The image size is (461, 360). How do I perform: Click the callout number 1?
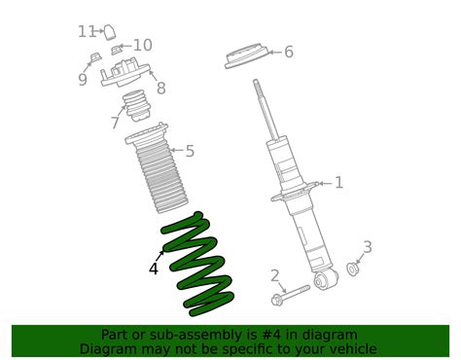tap(338, 182)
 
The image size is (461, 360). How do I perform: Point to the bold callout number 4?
tap(154, 269)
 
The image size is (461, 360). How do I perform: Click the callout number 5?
tap(189, 151)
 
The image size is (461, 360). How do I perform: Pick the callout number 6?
tap(288, 53)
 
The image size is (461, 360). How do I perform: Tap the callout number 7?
tap(115, 124)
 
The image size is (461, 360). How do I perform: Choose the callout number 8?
tap(160, 88)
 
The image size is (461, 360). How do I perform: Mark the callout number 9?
tap(84, 80)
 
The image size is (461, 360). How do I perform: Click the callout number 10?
tap(142, 45)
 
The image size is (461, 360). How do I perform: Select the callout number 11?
tap(88, 31)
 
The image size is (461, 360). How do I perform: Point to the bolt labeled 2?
tap(293, 289)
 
